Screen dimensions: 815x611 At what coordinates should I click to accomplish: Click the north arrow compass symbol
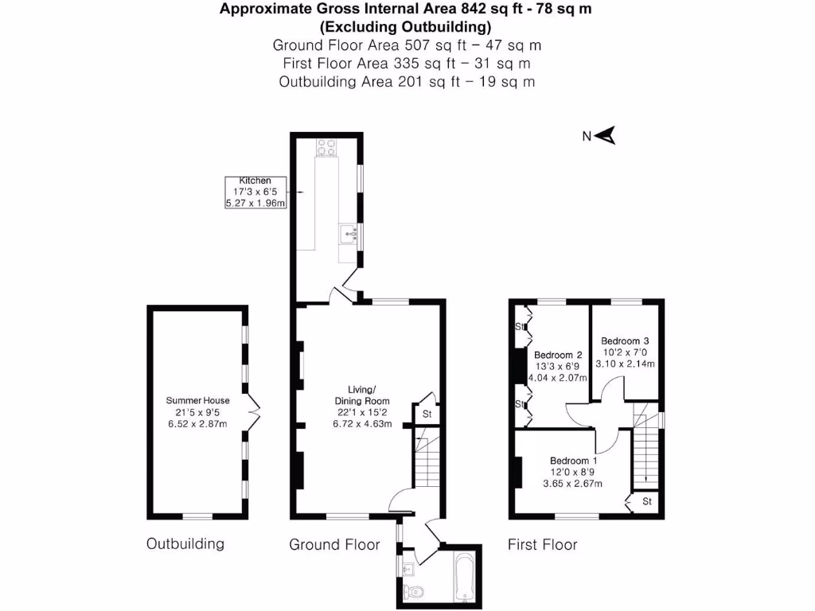(x=606, y=136)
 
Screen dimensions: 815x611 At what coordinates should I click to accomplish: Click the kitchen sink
(x=348, y=234)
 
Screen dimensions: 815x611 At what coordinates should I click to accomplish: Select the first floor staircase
(x=645, y=453)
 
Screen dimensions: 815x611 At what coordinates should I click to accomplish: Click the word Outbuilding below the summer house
(x=185, y=544)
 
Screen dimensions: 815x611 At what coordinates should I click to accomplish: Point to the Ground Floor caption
(x=334, y=545)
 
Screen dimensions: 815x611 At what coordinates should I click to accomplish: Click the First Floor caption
(x=543, y=545)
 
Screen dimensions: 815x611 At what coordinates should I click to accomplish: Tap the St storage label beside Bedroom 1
(x=647, y=502)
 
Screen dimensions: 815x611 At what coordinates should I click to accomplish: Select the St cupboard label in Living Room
(x=427, y=414)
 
